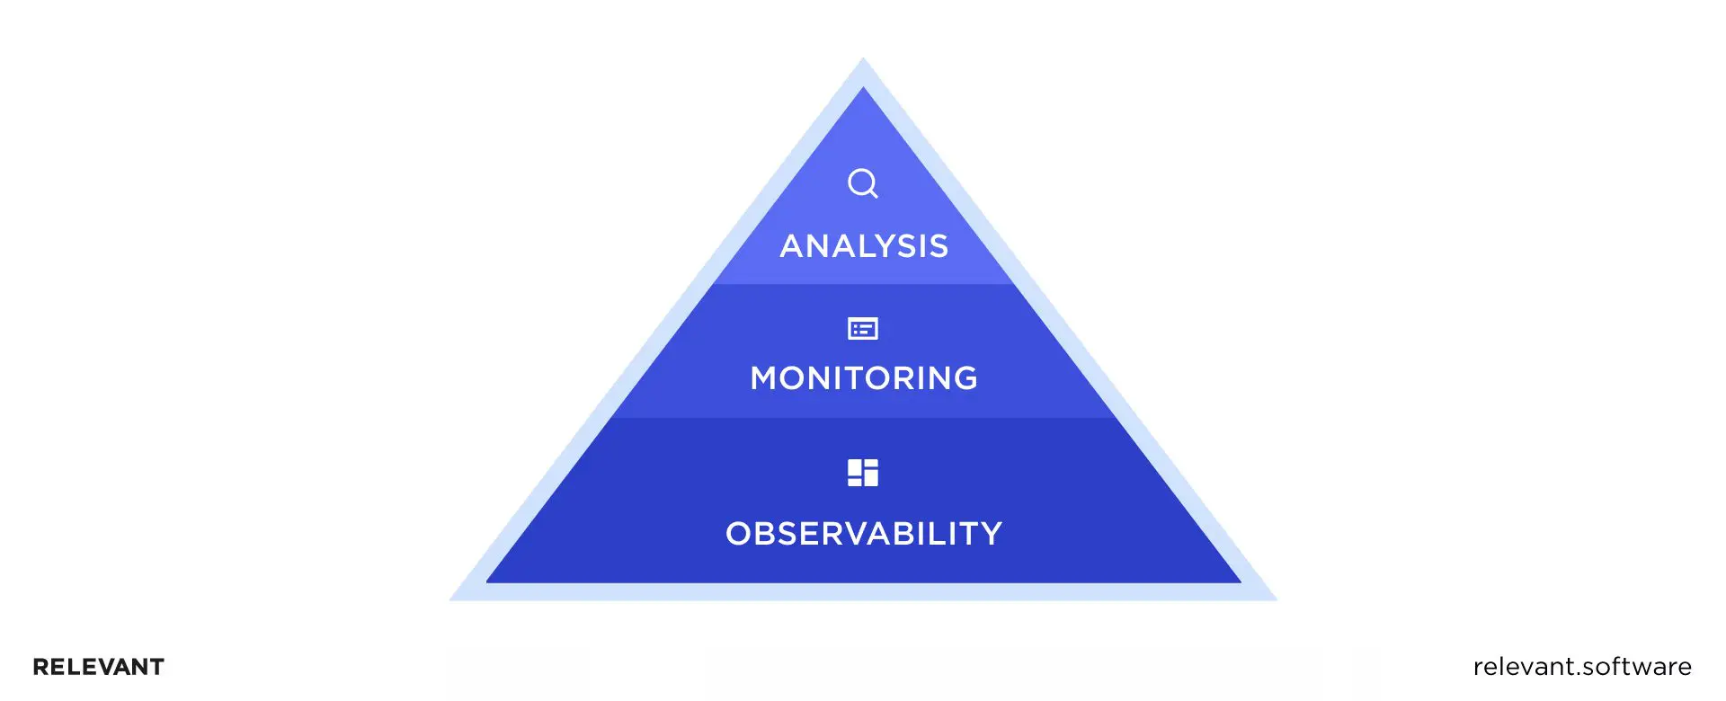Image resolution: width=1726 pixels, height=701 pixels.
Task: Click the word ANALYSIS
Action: coord(864,246)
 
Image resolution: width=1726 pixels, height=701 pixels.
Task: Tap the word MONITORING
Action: coord(864,378)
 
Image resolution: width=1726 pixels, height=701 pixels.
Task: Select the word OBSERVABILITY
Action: coord(864,534)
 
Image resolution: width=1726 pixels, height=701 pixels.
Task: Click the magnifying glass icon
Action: coord(862,182)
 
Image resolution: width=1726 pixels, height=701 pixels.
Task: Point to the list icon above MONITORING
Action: coord(863,329)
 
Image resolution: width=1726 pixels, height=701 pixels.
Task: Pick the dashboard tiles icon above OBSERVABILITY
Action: coord(863,473)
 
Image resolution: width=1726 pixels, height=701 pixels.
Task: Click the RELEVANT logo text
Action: coord(99,667)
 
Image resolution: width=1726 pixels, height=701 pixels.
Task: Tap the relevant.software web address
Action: coord(1582,667)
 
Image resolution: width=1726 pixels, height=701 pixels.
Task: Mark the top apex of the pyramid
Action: coord(863,61)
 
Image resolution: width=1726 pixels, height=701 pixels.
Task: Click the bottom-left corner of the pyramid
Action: coord(453,599)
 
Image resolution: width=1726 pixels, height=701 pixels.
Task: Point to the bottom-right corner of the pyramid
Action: coord(1273,599)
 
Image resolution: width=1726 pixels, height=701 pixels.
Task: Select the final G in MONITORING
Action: coord(965,378)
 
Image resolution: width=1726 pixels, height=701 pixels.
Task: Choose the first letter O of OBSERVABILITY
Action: coord(739,534)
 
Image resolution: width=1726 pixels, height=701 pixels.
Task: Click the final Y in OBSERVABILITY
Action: coord(991,534)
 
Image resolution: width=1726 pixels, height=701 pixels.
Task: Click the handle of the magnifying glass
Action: coord(874,194)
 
